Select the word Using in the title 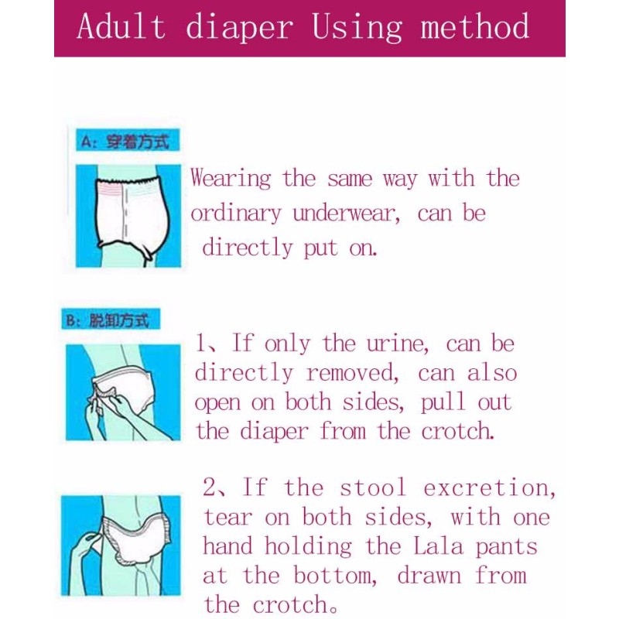357,29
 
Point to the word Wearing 231,180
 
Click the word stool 373,488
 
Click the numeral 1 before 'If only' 200,344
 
